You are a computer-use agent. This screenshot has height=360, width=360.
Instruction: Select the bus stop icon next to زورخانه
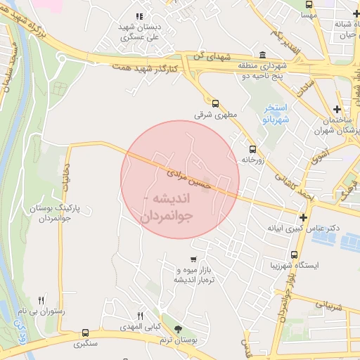pos(252,148)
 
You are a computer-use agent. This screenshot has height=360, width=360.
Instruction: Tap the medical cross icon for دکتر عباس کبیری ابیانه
pos(303,218)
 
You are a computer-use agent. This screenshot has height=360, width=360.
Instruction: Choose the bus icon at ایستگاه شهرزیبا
pos(294,255)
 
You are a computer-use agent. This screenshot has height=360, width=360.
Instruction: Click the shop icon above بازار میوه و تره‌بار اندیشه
pos(192,259)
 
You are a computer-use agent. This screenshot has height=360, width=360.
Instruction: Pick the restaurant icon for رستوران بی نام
pos(41,300)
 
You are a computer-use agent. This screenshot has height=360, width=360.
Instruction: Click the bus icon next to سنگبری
pos(85,333)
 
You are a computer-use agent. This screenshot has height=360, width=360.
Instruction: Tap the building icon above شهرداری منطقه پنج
pos(263,56)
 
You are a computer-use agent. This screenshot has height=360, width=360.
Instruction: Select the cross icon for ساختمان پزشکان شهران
pos(338,109)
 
